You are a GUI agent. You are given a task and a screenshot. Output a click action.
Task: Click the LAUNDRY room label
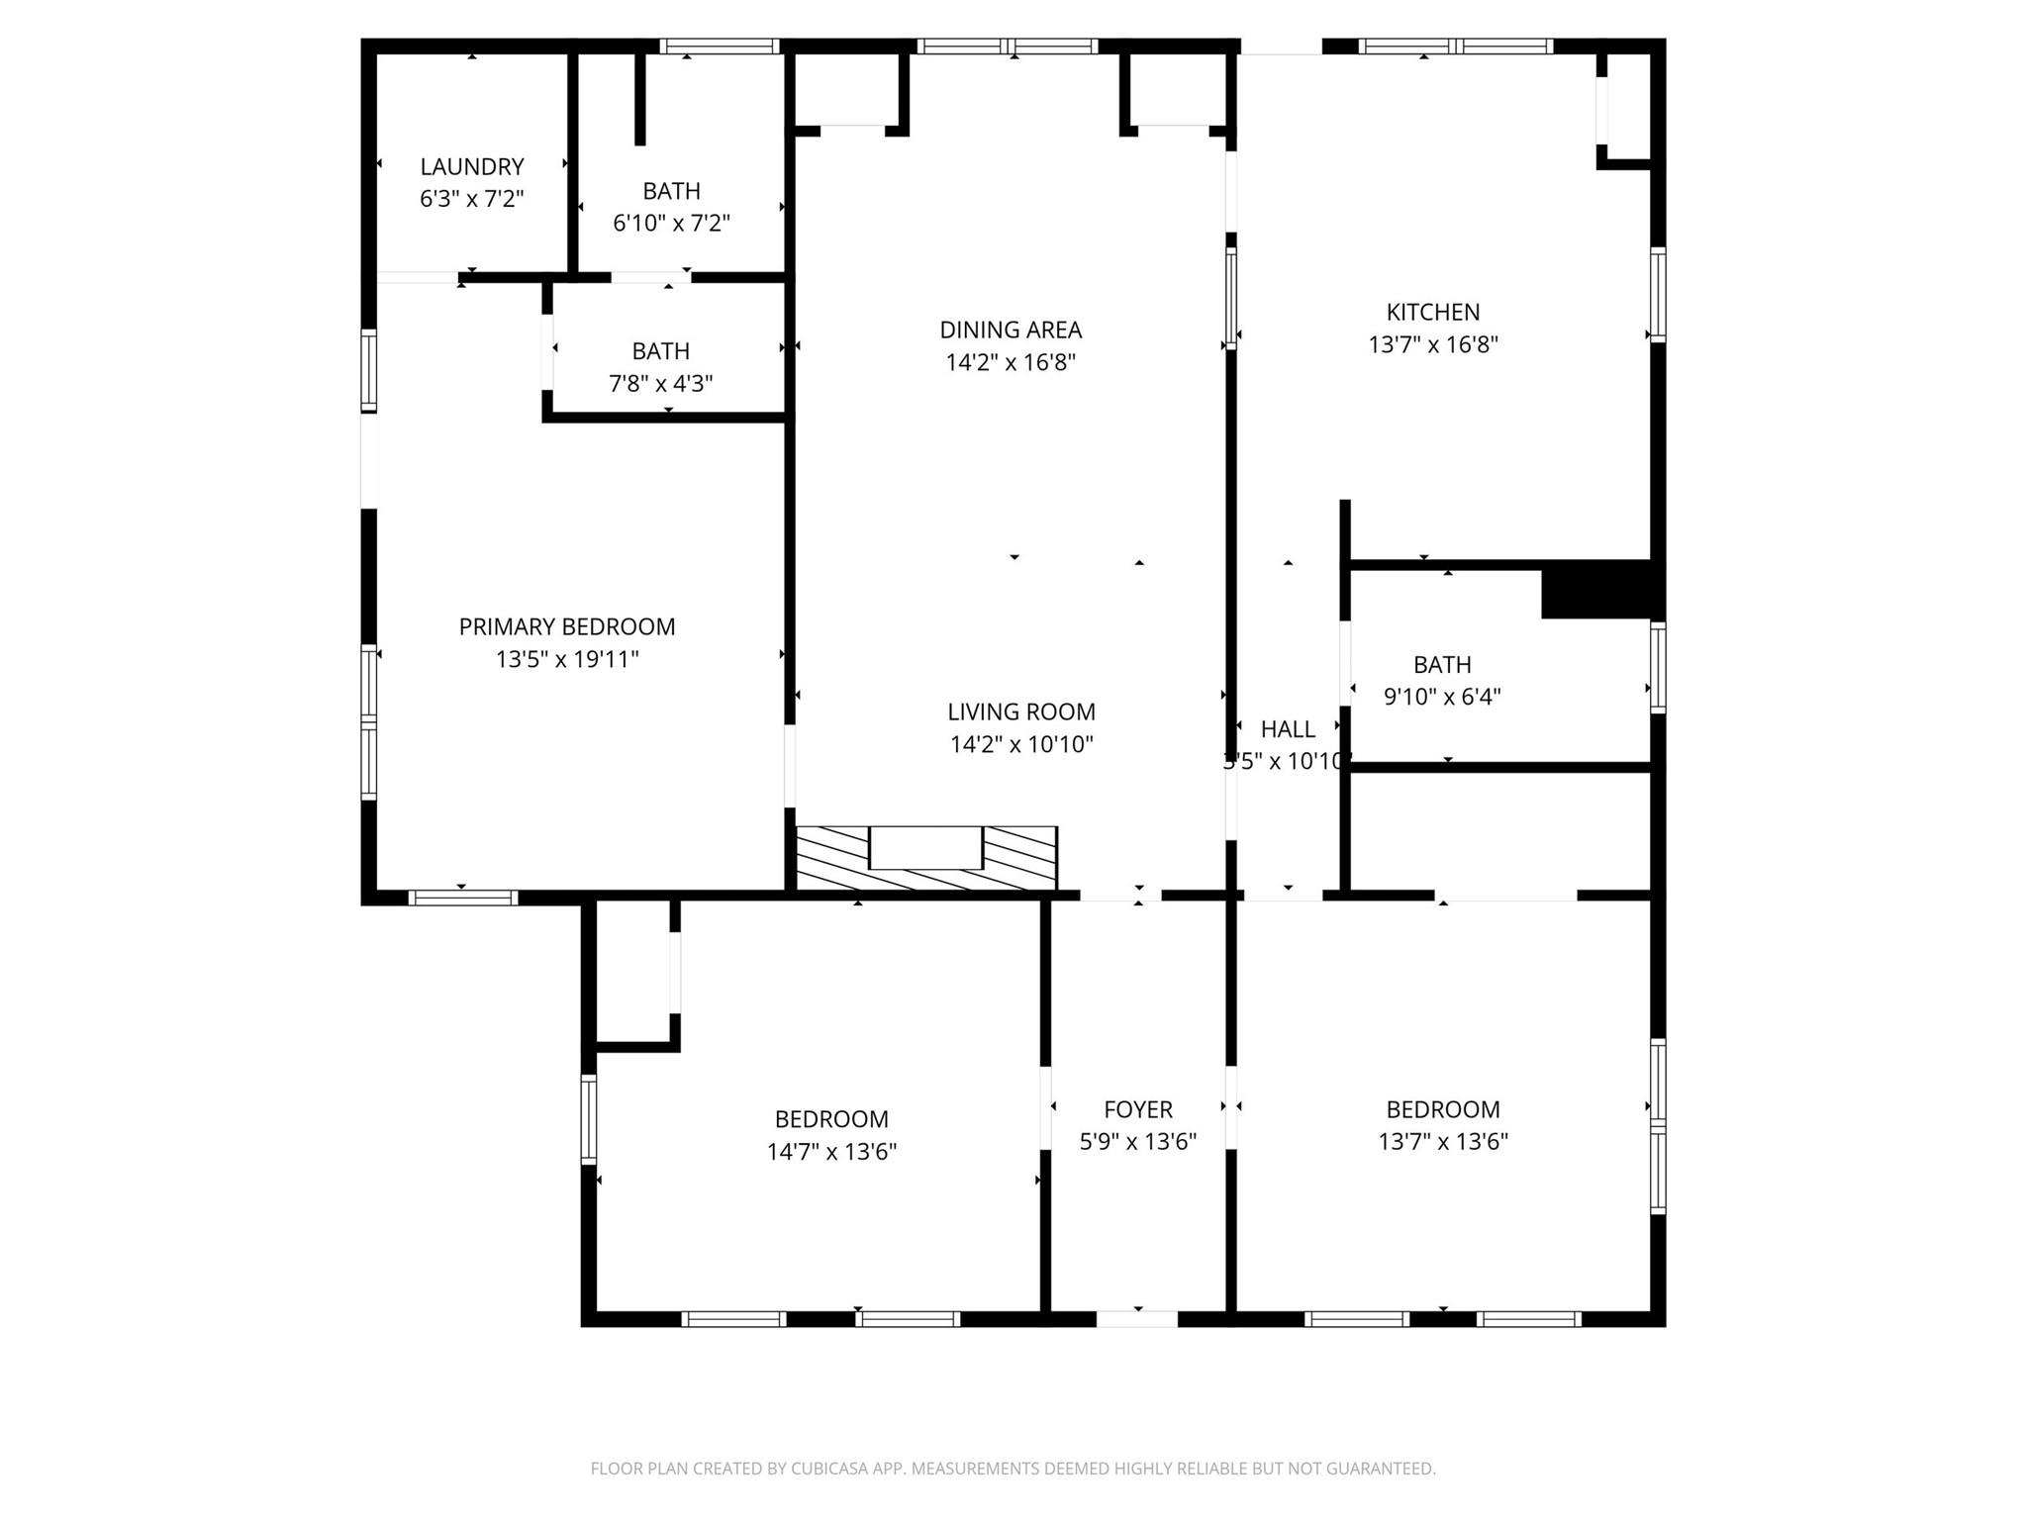[471, 166]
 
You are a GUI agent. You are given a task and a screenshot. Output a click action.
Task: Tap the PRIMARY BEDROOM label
[566, 626]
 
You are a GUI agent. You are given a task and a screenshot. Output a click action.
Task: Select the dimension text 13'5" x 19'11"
[566, 659]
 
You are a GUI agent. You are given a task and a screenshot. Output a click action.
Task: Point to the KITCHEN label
[1432, 313]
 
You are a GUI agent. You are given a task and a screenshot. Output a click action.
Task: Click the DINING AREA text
[1010, 330]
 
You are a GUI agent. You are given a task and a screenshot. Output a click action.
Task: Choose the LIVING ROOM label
[1020, 712]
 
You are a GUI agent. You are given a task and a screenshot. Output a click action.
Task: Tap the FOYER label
[1137, 1109]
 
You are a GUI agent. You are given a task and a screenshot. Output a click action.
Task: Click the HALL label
[1287, 729]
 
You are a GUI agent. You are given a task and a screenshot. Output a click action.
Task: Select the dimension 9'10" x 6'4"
[1441, 697]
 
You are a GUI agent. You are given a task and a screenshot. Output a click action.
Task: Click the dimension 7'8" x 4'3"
[660, 384]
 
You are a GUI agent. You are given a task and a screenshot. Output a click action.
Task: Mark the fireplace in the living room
[925, 858]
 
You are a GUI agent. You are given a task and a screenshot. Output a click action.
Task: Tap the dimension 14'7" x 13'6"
[830, 1152]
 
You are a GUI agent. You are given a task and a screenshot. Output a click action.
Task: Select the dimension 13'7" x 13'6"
[1442, 1142]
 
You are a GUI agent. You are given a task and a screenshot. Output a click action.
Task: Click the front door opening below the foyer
[1136, 1318]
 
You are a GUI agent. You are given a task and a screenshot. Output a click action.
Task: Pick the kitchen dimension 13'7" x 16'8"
[1432, 345]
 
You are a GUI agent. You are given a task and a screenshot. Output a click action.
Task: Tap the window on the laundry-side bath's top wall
[720, 46]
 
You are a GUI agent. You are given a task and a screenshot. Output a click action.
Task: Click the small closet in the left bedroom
[633, 970]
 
